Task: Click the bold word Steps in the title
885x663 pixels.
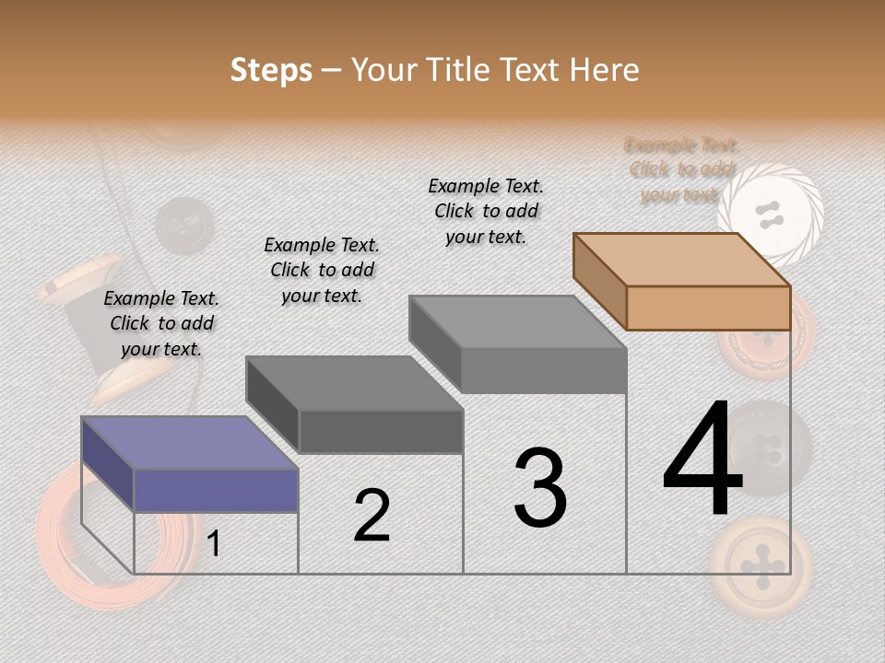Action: click(271, 70)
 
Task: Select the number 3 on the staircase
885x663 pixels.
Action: click(539, 488)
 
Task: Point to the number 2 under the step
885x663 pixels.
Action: click(372, 516)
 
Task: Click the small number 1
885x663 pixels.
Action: click(214, 544)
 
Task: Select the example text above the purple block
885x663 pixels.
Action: click(161, 323)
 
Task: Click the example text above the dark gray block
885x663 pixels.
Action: click(322, 270)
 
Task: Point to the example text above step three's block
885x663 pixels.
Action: click(486, 211)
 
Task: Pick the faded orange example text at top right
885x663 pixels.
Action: click(681, 169)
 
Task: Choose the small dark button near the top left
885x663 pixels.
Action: click(183, 224)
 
